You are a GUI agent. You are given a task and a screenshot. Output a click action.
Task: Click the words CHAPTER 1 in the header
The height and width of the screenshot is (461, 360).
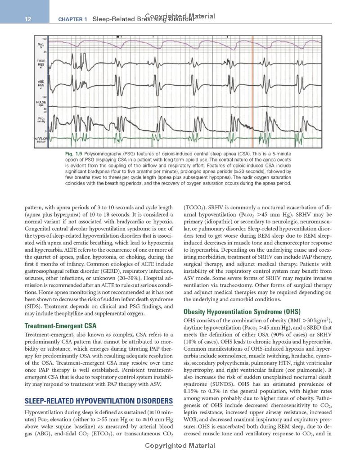point(73,19)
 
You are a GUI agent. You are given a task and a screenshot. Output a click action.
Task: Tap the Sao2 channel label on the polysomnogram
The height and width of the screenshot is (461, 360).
point(40,46)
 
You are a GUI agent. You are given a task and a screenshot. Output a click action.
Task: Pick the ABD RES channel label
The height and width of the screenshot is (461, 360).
point(41,84)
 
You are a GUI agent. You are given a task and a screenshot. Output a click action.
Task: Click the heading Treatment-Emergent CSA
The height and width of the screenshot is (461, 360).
point(60,325)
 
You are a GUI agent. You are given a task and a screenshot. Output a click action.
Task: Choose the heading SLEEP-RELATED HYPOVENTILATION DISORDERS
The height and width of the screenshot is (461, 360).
point(99,401)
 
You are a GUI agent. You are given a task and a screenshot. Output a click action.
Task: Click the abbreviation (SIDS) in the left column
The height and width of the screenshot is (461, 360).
point(32,306)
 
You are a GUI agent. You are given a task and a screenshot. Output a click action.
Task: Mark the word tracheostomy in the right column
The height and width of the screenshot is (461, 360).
point(241,285)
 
